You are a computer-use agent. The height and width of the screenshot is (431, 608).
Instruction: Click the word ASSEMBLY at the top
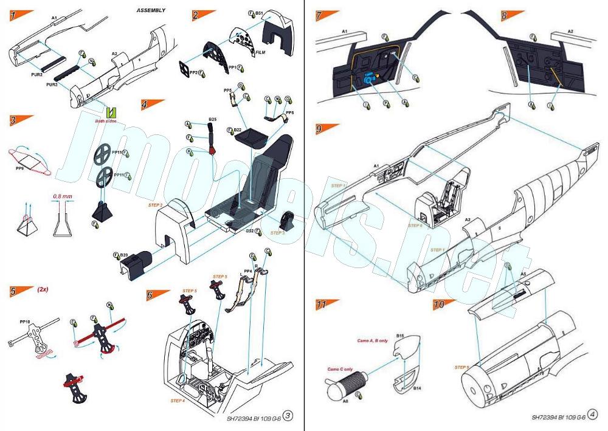pyautogui.click(x=151, y=10)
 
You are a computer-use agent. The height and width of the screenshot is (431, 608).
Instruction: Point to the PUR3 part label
pyautogui.click(x=52, y=84)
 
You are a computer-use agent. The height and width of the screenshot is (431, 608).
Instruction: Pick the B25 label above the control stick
pyautogui.click(x=213, y=119)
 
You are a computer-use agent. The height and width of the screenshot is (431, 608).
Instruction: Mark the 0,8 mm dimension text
pyautogui.click(x=61, y=197)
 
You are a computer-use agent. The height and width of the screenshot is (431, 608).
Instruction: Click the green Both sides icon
pyautogui.click(x=110, y=112)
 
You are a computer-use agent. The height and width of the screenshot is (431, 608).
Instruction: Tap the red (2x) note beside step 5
pyautogui.click(x=43, y=289)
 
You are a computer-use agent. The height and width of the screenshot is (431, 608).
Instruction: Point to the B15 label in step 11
pyautogui.click(x=400, y=336)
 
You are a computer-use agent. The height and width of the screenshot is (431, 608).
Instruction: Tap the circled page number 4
pyautogui.click(x=592, y=416)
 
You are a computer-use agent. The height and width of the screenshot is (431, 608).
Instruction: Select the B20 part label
pyautogui.click(x=123, y=255)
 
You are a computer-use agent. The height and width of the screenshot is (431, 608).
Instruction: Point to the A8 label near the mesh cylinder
pyautogui.click(x=345, y=401)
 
